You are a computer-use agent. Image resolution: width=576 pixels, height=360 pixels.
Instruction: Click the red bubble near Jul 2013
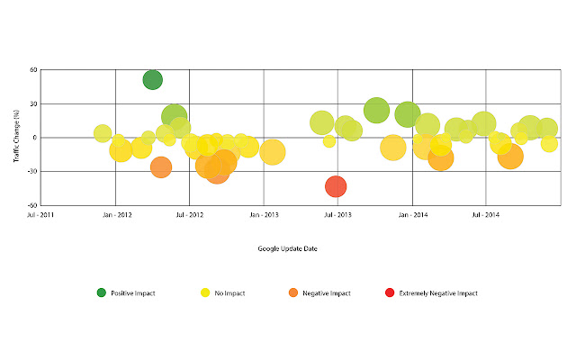336,186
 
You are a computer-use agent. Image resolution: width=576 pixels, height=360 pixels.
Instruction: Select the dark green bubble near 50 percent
153,79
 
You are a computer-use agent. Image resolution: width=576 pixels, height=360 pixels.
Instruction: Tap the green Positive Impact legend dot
102,292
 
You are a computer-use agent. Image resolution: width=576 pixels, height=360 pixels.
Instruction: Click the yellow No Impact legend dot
205,292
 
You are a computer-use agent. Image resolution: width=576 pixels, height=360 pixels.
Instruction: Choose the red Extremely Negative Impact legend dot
389,292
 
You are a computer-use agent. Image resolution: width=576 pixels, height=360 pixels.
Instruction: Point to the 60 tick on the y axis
32,70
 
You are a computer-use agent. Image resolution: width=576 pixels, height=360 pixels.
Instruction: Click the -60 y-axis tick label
31,205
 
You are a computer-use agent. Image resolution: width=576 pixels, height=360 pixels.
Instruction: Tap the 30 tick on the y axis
32,104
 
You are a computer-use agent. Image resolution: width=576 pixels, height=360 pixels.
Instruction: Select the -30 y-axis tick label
31,172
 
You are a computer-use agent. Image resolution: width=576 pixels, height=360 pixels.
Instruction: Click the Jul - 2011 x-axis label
42,215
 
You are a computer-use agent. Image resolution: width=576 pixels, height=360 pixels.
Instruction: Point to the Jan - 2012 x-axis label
116,215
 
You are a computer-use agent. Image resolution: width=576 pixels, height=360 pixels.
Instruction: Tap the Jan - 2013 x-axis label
264,215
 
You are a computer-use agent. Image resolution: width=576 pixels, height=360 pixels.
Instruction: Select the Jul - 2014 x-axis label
485,215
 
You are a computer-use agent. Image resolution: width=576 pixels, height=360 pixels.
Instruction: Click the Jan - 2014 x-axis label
411,215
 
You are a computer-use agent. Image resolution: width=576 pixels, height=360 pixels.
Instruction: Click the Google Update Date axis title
287,248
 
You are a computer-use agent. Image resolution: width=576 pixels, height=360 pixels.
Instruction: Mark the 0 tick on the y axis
34,138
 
